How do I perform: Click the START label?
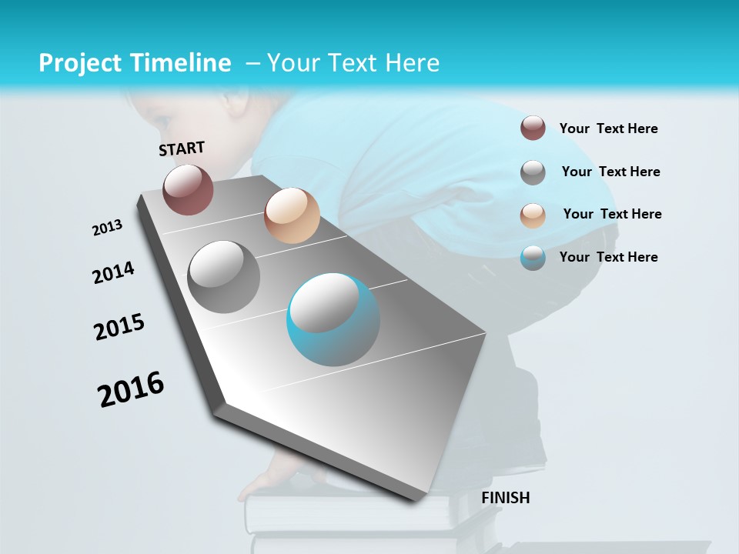point(182,149)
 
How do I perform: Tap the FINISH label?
point(506,498)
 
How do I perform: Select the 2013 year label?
point(108,227)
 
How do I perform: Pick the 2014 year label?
point(113,273)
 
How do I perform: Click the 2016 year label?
point(132,389)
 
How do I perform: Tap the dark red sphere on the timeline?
point(188,189)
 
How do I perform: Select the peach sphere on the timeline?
point(292,215)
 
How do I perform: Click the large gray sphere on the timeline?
point(224,276)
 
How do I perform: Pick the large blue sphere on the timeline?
point(333,319)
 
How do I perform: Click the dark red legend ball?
point(533,128)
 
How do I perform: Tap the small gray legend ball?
point(533,172)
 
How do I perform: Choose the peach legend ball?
point(533,215)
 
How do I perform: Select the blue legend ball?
point(533,258)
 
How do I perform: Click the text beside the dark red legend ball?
point(608,128)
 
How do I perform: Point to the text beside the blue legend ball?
point(608,257)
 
